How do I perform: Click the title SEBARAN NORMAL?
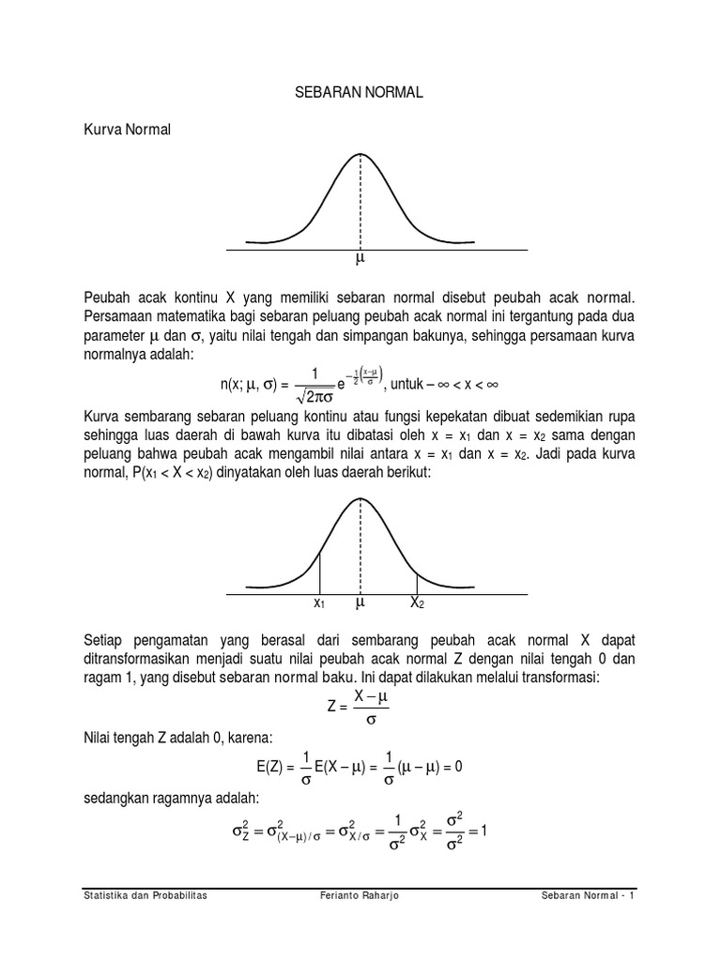pyautogui.click(x=360, y=93)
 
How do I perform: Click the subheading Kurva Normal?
pyautogui.click(x=128, y=130)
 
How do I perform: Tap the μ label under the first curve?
pyautogui.click(x=360, y=258)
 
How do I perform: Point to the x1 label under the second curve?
pyautogui.click(x=319, y=603)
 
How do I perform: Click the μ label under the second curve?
pyautogui.click(x=360, y=602)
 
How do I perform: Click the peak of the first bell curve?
pyautogui.click(x=360, y=153)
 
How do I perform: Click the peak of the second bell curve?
pyautogui.click(x=360, y=497)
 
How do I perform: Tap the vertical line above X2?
pyautogui.click(x=418, y=583)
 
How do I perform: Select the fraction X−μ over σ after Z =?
pyautogui.click(x=371, y=707)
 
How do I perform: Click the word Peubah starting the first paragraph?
pyautogui.click(x=108, y=297)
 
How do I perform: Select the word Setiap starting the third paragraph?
pyautogui.click(x=106, y=640)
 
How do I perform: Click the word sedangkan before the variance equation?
pyautogui.click(x=119, y=798)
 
